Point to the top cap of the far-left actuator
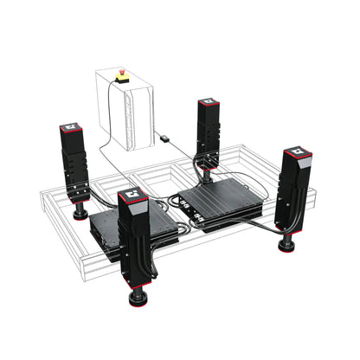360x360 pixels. pos(70,129)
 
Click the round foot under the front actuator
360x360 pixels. pos(138,299)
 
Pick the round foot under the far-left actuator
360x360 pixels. pos(80,212)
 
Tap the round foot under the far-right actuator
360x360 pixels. pos(286,245)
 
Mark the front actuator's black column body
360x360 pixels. pos(136,247)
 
